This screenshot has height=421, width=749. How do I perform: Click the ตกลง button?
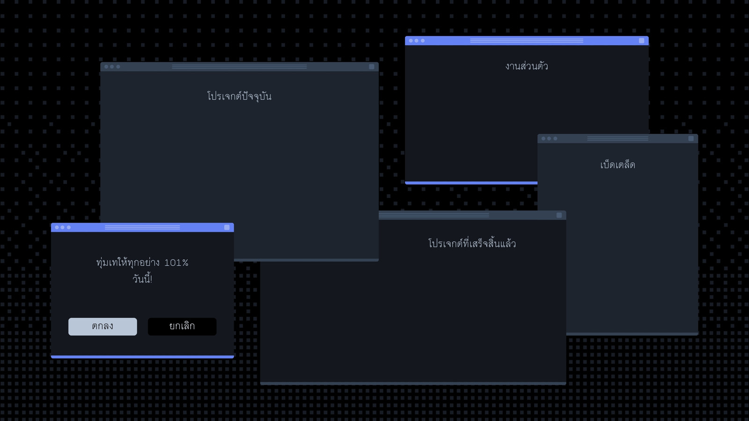(x=103, y=327)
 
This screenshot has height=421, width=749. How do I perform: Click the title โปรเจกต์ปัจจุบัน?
(x=239, y=96)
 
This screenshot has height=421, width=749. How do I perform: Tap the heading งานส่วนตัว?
(x=527, y=66)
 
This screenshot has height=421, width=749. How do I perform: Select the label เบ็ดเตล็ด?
(x=617, y=165)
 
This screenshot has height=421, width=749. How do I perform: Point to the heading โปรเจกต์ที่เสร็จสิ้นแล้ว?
(x=472, y=243)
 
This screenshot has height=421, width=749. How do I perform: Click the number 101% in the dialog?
(x=176, y=263)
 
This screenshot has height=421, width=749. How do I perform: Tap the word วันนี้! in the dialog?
(x=142, y=279)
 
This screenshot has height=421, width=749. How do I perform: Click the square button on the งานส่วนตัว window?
(x=641, y=41)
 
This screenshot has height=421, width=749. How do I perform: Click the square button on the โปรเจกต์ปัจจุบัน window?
(x=372, y=67)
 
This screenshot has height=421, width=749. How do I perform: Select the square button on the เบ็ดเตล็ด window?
(x=691, y=138)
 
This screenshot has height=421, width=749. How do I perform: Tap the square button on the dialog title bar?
(x=227, y=227)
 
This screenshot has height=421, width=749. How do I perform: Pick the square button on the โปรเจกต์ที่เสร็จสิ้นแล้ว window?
(x=559, y=215)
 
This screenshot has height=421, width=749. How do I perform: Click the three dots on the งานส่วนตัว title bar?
(x=417, y=41)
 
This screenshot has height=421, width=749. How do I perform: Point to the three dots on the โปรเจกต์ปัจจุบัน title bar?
(x=112, y=67)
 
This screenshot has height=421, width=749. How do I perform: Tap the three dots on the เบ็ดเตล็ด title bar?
(x=549, y=138)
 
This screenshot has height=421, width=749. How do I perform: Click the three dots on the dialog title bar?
(x=63, y=227)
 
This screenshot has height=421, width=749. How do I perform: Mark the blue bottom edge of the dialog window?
(x=142, y=357)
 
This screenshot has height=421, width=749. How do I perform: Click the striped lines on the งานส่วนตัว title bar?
(x=527, y=41)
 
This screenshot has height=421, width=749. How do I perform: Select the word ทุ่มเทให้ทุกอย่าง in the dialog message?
(x=128, y=263)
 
